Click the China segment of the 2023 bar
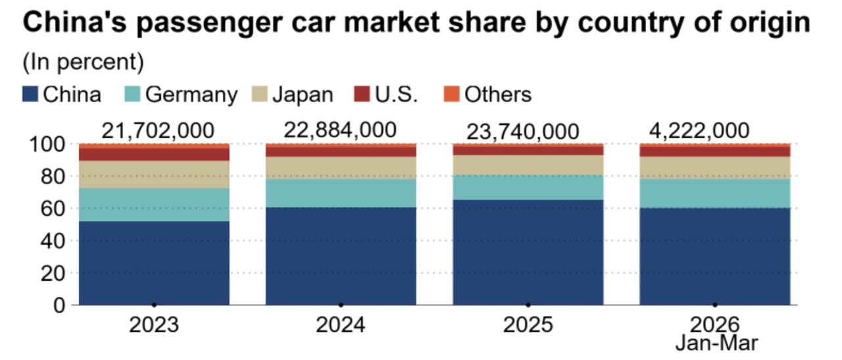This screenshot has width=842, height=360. pyautogui.click(x=154, y=263)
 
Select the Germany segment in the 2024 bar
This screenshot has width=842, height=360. pyautogui.click(x=341, y=193)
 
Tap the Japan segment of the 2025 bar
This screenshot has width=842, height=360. pyautogui.click(x=528, y=165)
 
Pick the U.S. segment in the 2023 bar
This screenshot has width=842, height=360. pyautogui.click(x=154, y=154)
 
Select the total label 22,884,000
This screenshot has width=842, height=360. pyautogui.click(x=340, y=130)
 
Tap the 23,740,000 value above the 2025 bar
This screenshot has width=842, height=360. pyautogui.click(x=523, y=131)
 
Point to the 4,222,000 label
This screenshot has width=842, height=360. pyautogui.click(x=699, y=130)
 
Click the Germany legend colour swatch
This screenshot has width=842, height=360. pyautogui.click(x=132, y=94)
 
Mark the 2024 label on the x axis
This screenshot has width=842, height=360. pyautogui.click(x=340, y=324)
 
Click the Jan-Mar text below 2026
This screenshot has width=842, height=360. pyautogui.click(x=716, y=342)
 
